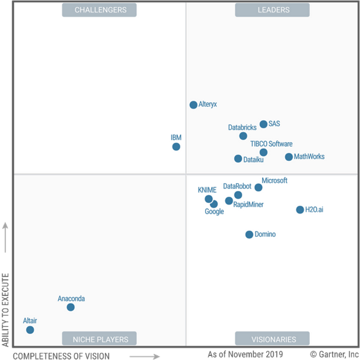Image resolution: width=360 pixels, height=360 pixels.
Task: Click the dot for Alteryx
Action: click(193, 105)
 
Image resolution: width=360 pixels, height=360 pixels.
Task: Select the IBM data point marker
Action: click(176, 147)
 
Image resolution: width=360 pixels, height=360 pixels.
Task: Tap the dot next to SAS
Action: click(264, 124)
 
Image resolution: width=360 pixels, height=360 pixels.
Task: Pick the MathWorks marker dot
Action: click(289, 157)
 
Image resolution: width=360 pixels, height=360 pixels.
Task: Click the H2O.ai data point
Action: click(300, 210)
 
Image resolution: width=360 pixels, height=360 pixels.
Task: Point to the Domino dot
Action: click(249, 234)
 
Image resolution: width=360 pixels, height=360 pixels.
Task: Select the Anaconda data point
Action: click(70, 307)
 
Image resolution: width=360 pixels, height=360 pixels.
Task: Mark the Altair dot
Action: click(30, 330)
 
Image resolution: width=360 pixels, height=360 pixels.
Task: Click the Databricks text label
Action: click(242, 127)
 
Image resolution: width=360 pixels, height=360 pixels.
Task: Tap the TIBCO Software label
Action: click(271, 144)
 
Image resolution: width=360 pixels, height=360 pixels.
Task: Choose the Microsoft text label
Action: click(274, 180)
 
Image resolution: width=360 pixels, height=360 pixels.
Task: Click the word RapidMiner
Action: click(248, 204)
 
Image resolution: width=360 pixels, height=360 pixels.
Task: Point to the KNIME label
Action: click(207, 190)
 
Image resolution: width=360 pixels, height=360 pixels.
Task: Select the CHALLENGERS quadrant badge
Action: click(99, 10)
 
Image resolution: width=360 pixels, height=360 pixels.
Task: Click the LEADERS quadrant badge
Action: click(273, 10)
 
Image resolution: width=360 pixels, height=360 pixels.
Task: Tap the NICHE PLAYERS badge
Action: click(99, 339)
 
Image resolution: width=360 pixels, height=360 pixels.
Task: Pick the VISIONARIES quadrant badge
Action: click(273, 339)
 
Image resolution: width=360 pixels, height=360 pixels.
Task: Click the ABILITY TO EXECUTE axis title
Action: click(5, 310)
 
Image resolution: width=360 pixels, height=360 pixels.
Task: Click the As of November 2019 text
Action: click(245, 354)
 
